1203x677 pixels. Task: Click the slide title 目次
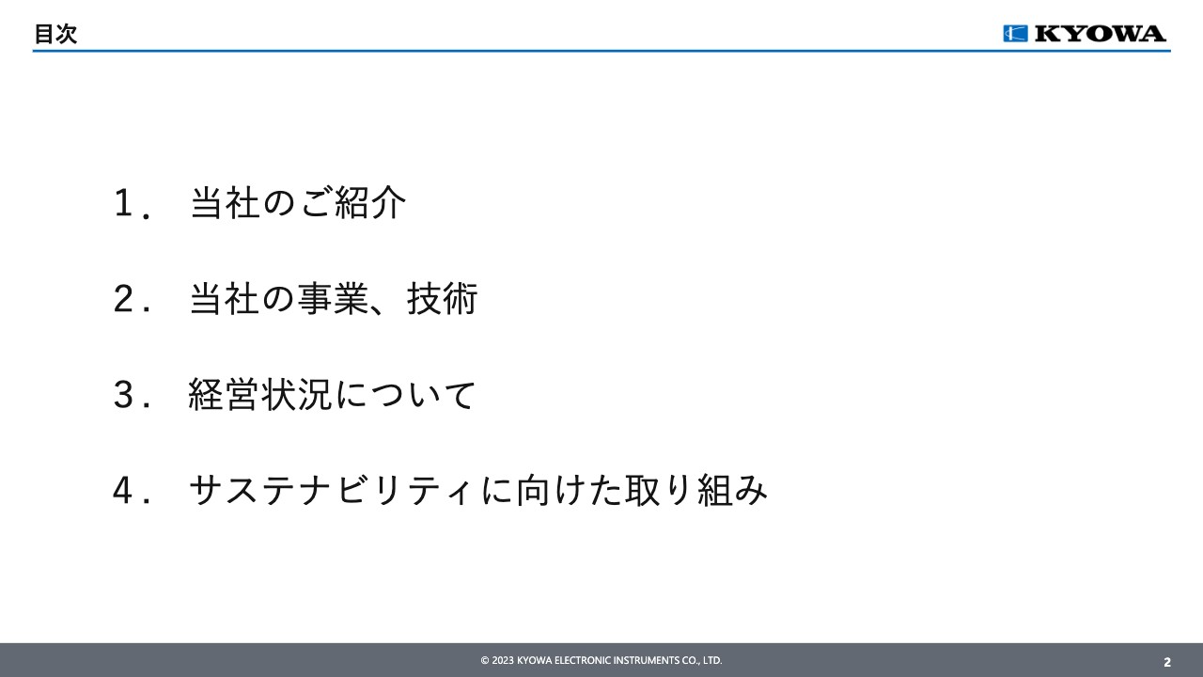(x=55, y=35)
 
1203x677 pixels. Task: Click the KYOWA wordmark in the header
(x=1100, y=34)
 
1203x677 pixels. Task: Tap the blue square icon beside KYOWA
(x=1015, y=34)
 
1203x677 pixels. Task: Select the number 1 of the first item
(x=122, y=203)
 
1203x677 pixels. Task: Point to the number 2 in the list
(x=122, y=300)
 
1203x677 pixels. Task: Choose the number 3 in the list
(x=122, y=396)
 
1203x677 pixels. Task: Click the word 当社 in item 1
(x=225, y=203)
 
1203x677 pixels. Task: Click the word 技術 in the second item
(x=443, y=300)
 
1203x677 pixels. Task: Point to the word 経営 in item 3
(x=223, y=396)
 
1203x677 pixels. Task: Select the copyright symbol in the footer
(x=485, y=661)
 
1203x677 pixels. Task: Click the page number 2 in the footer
(x=1167, y=662)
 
